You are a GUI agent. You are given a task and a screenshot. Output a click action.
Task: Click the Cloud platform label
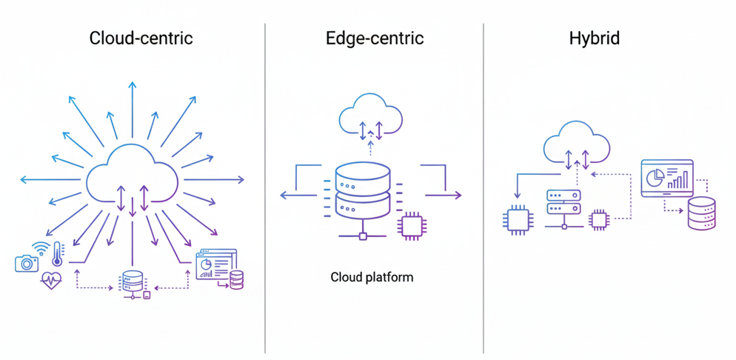pos(372,278)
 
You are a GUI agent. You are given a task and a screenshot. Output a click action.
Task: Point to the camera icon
pos(26,262)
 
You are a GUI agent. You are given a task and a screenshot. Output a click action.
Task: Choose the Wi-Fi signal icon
pos(41,248)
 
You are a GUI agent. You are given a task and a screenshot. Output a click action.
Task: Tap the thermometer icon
pos(58,253)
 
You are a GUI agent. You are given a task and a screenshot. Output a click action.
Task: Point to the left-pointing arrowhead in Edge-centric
pos(284,195)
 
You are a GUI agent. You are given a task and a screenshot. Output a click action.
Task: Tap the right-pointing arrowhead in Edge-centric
pos(458,195)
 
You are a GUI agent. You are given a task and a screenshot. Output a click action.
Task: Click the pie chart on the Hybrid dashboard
pos(655,178)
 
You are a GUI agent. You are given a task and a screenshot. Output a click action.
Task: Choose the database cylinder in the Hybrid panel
pos(701,213)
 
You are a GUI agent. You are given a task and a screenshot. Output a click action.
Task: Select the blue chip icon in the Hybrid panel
pos(515,220)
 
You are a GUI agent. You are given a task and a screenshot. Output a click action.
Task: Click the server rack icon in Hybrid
pos(563,202)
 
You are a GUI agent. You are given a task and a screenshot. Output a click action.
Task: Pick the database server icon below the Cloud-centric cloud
pos(132,281)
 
